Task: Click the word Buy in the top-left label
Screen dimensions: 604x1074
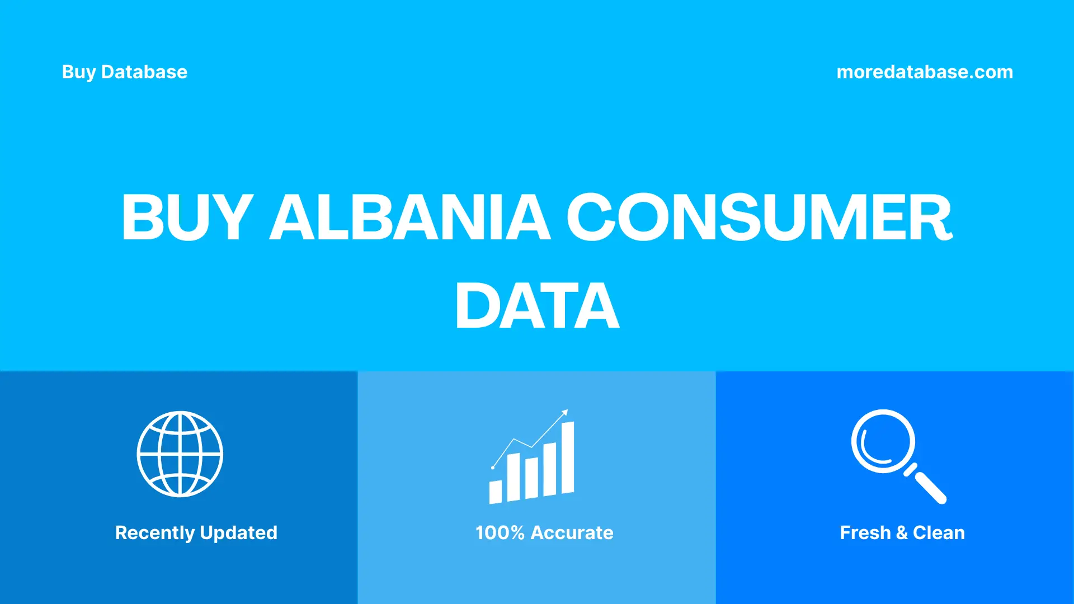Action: pos(79,72)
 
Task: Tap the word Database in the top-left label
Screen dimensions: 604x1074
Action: pos(144,72)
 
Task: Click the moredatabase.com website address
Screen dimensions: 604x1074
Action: pos(925,72)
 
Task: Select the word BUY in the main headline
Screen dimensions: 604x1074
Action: pos(187,217)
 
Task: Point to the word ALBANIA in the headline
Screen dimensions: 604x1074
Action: pos(411,217)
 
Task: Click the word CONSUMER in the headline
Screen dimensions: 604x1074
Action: pos(760,217)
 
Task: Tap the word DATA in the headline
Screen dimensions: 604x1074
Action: pos(537,306)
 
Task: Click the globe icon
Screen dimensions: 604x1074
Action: pos(180,454)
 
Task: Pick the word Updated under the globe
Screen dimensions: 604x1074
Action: pos(239,533)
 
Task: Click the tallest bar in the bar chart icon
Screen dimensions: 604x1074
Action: pos(568,458)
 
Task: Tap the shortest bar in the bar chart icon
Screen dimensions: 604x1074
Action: pos(496,492)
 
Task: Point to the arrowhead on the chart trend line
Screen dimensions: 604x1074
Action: pos(565,413)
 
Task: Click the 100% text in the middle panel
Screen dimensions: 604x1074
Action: pos(500,533)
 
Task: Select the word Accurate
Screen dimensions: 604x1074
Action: pos(572,533)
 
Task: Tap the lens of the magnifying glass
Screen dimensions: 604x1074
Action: pos(883,441)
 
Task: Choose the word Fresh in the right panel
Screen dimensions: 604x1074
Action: pos(865,533)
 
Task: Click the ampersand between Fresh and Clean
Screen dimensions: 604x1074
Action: pos(902,533)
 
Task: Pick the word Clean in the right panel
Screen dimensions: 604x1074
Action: pos(939,533)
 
